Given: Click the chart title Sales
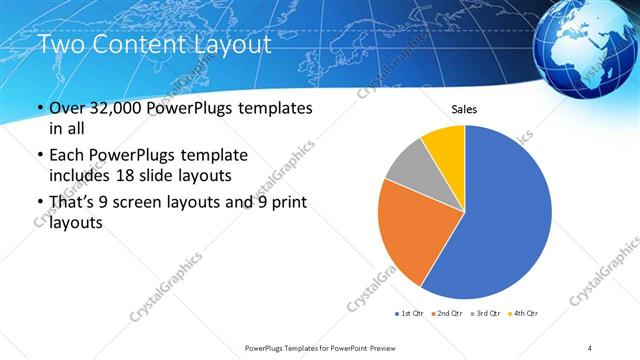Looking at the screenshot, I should [465, 108].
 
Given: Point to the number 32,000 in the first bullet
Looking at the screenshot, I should [115, 108].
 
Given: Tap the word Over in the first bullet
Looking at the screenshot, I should [64, 108].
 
